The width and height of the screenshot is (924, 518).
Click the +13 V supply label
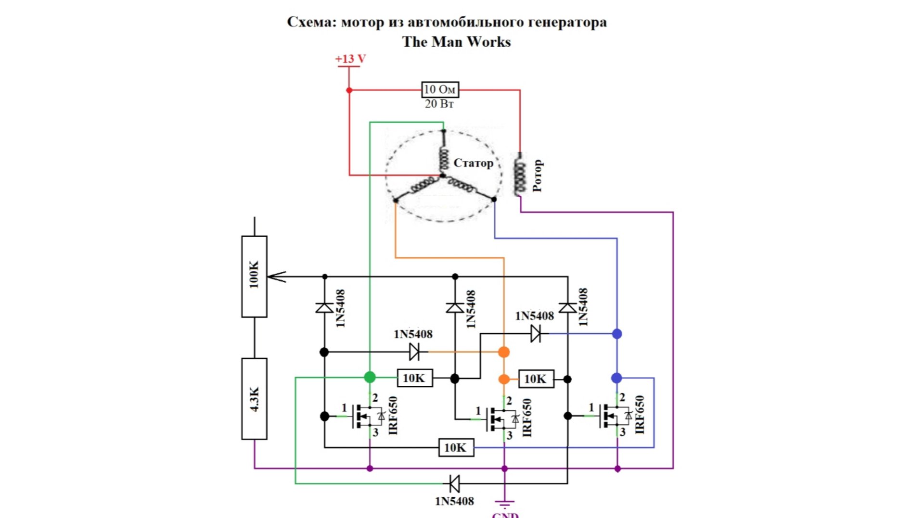[350, 59]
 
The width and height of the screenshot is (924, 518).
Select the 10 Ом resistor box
[440, 89]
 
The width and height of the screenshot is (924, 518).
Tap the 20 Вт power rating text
[439, 104]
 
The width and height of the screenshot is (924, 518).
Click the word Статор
[473, 163]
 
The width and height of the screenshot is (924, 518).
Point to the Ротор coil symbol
[520, 175]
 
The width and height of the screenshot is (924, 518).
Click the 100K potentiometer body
[254, 276]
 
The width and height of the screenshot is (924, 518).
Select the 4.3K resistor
[254, 398]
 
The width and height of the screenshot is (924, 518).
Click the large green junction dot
[370, 377]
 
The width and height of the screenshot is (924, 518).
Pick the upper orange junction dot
[504, 352]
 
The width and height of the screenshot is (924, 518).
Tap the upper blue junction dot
[617, 334]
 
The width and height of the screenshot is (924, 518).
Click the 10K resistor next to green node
[414, 378]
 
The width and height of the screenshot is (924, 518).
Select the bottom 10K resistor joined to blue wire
[455, 448]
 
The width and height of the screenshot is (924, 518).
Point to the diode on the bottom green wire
[454, 483]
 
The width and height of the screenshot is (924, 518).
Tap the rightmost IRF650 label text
[640, 415]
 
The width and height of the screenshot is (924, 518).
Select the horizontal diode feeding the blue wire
[535, 333]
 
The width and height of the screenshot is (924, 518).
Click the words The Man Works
[456, 42]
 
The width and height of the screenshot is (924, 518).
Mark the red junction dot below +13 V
[349, 90]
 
